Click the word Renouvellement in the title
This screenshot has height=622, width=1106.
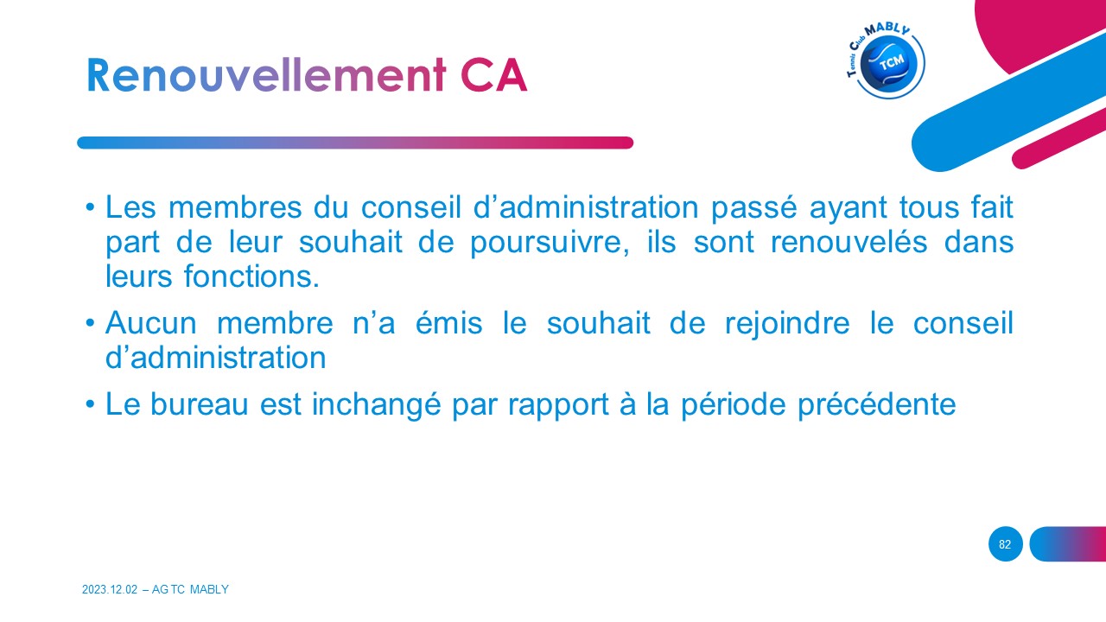(x=267, y=75)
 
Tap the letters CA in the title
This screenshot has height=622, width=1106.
(x=493, y=75)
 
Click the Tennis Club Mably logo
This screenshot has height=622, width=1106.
(x=886, y=60)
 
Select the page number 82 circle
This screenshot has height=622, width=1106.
(x=1005, y=544)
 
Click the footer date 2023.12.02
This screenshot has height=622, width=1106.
(x=110, y=589)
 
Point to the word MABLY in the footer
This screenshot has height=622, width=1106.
(x=209, y=589)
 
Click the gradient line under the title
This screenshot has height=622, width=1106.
(x=355, y=143)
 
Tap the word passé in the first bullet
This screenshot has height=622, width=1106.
(x=754, y=208)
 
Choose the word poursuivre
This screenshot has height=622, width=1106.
(x=550, y=243)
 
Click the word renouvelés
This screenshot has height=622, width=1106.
(x=849, y=242)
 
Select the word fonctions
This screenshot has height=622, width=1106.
(x=251, y=276)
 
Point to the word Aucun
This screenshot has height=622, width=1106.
(x=151, y=323)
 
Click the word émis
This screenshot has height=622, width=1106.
(x=448, y=323)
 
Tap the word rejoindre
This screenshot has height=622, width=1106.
(x=787, y=324)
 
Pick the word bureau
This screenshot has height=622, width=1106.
(x=199, y=405)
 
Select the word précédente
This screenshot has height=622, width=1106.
(x=877, y=406)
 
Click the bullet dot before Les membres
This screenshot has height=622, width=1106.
(x=90, y=207)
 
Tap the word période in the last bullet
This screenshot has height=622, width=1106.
(x=734, y=406)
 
